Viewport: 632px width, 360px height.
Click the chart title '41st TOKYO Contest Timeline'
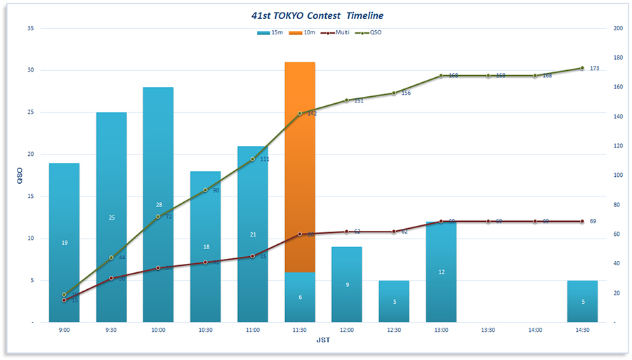pos(317,15)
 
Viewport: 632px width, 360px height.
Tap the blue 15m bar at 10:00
pos(158,204)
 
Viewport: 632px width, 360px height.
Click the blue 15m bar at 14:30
pos(582,301)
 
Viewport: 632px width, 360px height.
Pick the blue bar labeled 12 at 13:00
pos(441,272)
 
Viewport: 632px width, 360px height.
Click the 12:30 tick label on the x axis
pos(394,330)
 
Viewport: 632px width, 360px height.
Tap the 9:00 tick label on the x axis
pos(64,330)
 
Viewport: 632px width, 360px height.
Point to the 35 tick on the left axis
pos(30,29)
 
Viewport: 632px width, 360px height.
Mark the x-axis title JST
pos(323,340)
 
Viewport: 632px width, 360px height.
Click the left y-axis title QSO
pos(19,175)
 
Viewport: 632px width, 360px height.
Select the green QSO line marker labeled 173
pos(582,68)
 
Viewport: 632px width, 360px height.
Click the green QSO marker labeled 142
pos(300,113)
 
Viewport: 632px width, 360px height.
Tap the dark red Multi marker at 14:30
pos(582,221)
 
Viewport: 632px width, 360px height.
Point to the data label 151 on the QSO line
pos(358,101)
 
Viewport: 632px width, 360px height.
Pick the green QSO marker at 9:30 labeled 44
pos(111,258)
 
